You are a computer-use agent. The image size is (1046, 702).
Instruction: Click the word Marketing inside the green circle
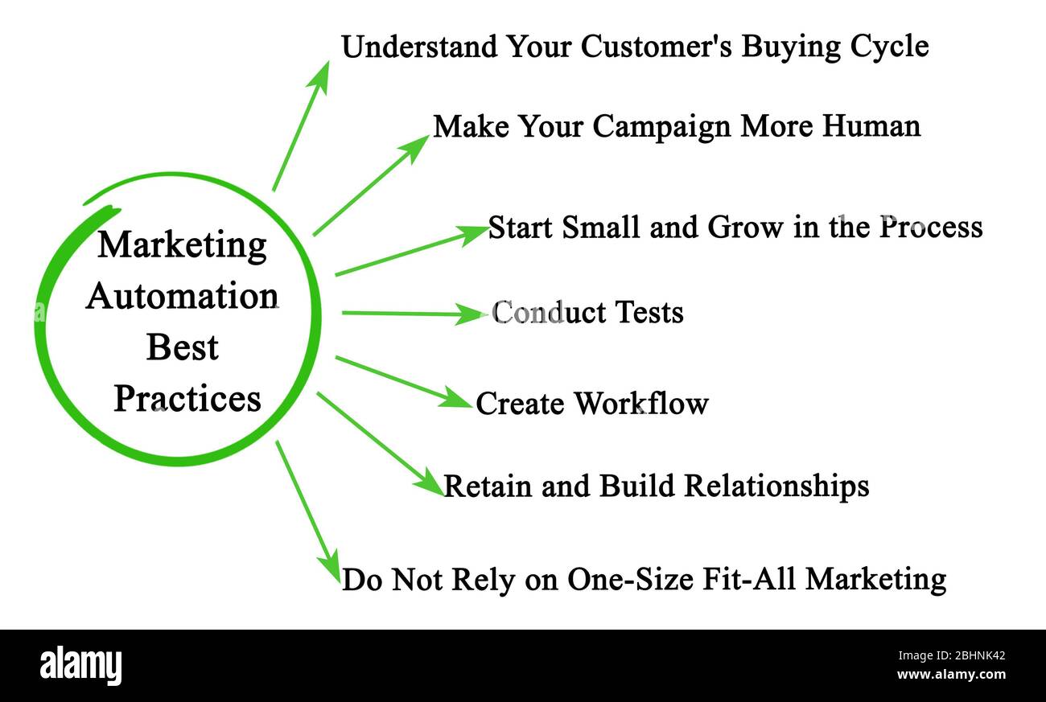point(182,246)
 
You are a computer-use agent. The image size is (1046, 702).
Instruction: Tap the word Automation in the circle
point(182,296)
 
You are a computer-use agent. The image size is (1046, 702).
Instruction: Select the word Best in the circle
point(182,347)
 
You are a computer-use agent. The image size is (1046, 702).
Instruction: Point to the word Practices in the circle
point(187,398)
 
